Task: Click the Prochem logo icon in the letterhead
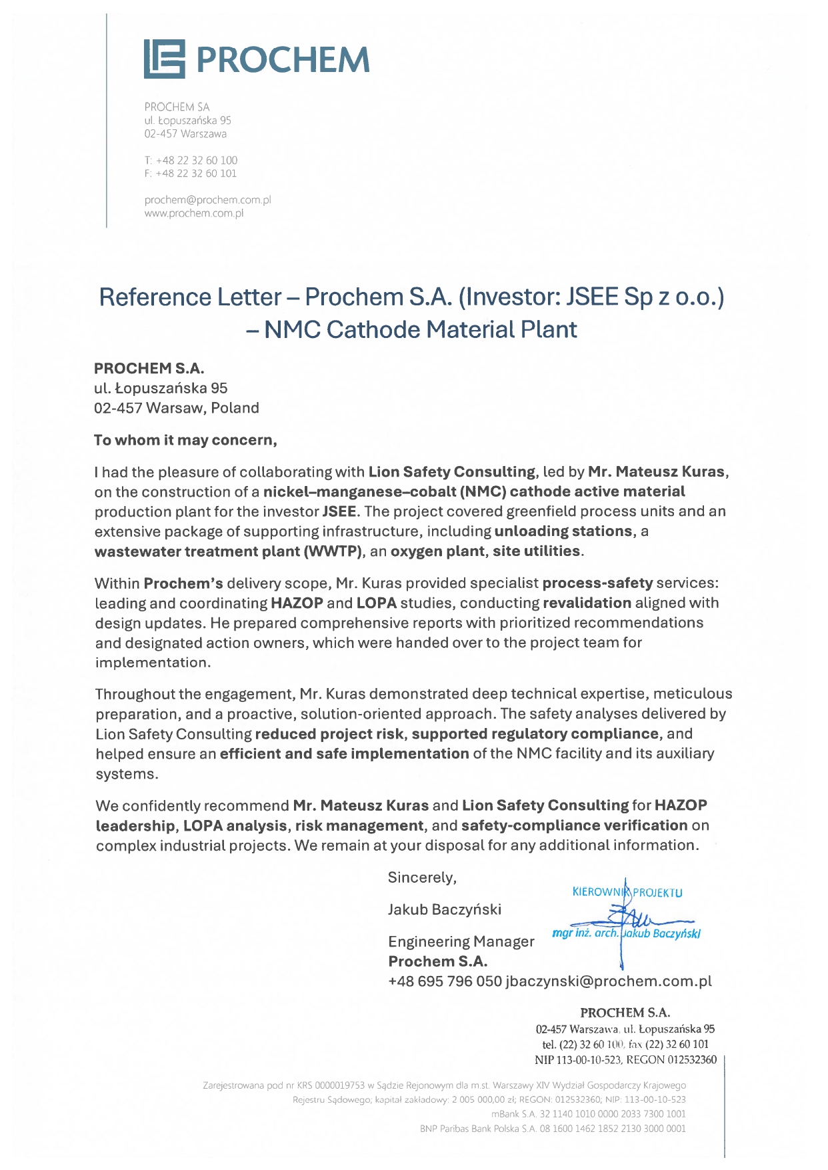pos(164,59)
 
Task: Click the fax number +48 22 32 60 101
pos(195,173)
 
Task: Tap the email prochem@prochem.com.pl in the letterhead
pos(207,200)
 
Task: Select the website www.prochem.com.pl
pos(193,213)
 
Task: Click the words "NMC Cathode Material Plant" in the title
pos(420,329)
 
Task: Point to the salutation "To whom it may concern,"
pos(185,440)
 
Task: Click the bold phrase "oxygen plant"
pos(437,551)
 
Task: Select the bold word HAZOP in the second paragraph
pos(297,603)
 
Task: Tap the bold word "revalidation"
pos(587,603)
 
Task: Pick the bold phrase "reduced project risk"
pos(329,734)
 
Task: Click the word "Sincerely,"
pos(422,877)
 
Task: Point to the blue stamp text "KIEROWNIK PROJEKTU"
pos(627,893)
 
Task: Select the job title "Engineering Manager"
pos(461,941)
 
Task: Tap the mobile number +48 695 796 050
pos(445,981)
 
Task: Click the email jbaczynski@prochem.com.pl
pos(609,981)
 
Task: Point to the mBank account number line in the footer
pos(588,1114)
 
